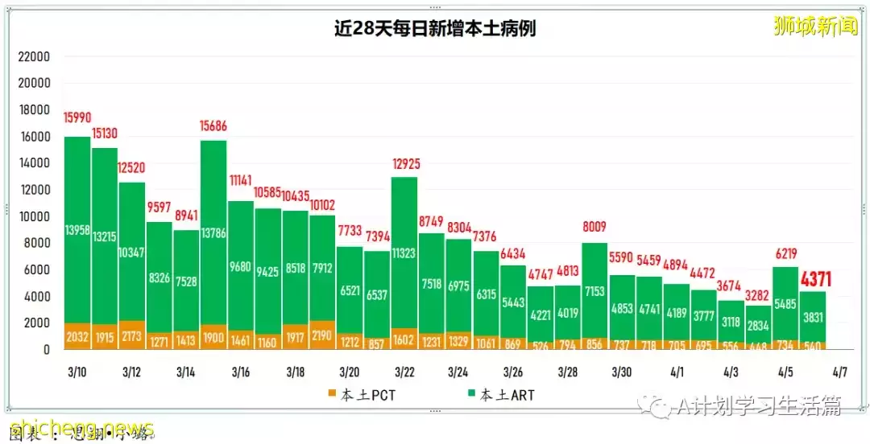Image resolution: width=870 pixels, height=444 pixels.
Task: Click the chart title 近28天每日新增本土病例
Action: [x=435, y=29]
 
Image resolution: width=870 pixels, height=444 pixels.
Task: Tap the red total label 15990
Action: [x=78, y=117]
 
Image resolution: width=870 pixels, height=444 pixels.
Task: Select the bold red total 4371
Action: [x=814, y=280]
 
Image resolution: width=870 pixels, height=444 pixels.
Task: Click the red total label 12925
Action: [x=405, y=165]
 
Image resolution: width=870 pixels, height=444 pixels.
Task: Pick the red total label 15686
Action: [x=213, y=125]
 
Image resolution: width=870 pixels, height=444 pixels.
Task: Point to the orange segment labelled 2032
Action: [x=78, y=337]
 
